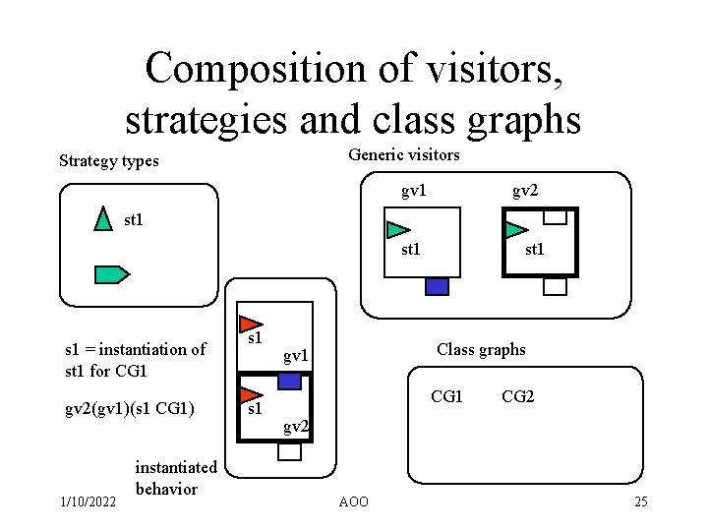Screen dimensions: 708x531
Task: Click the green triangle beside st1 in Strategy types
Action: (102, 220)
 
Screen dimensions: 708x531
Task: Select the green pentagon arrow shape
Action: (111, 274)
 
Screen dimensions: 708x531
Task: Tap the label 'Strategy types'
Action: (108, 160)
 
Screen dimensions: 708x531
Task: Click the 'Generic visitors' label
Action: (403, 154)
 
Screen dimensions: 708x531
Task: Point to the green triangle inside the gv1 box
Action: (396, 230)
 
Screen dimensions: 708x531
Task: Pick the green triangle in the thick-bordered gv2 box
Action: (514, 231)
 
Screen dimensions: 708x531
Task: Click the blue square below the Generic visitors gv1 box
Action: (437, 286)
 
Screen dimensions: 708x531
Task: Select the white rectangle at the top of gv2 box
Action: (556, 217)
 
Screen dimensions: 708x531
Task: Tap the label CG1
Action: (447, 396)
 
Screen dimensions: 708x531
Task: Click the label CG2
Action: (517, 396)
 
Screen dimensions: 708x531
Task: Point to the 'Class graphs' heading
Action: (481, 349)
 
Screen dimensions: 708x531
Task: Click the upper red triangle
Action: (251, 322)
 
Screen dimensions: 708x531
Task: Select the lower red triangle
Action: (250, 392)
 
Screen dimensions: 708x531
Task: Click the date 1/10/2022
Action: (87, 502)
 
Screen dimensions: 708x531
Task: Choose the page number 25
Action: (640, 502)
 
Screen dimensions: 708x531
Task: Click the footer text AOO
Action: (353, 502)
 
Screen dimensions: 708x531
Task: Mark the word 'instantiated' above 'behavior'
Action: (175, 467)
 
